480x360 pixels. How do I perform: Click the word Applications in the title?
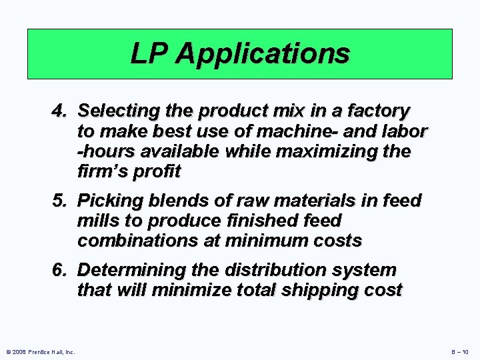[x=263, y=54]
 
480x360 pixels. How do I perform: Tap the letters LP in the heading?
[x=151, y=54]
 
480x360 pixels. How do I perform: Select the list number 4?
[x=59, y=110]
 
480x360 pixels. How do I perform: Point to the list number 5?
[x=59, y=200]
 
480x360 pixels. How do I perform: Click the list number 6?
[x=59, y=270]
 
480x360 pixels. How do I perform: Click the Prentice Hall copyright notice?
[x=39, y=351]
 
